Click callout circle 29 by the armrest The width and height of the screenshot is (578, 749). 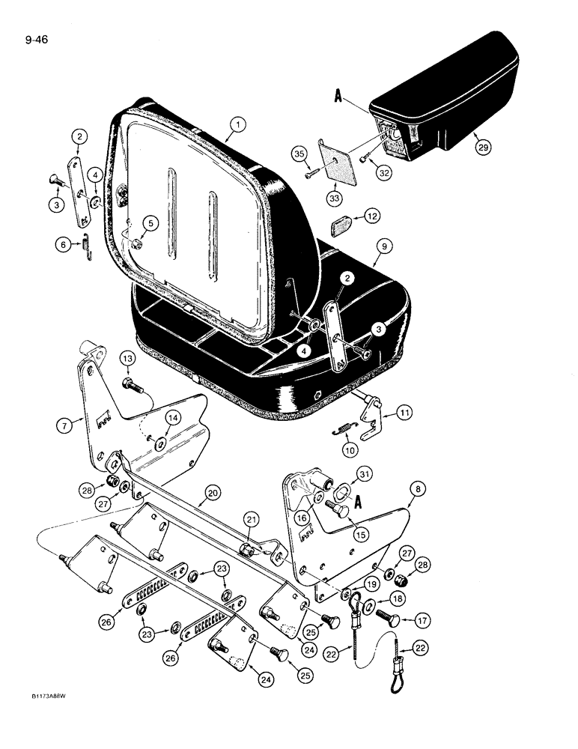(483, 148)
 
